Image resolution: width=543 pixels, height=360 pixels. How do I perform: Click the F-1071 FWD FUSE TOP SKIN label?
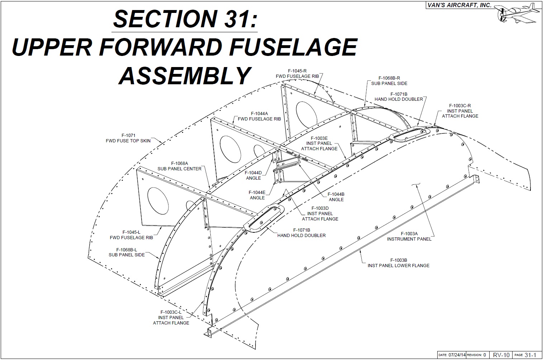(128, 138)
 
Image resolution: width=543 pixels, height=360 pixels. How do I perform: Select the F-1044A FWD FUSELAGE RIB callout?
(259, 116)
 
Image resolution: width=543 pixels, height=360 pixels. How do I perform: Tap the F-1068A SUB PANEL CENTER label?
(179, 166)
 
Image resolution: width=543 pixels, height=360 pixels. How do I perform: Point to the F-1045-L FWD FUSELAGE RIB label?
(131, 235)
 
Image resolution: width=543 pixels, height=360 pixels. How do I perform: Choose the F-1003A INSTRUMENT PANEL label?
(409, 236)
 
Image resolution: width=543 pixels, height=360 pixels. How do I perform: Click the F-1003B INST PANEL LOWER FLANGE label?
(398, 263)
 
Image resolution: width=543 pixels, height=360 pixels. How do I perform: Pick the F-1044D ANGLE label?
(253, 175)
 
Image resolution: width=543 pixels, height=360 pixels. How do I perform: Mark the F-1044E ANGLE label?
(257, 195)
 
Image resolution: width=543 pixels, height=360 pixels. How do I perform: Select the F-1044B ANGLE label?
(336, 197)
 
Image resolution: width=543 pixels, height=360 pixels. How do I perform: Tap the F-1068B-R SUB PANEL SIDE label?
(389, 81)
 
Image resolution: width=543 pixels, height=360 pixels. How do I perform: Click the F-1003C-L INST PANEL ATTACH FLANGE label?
(171, 317)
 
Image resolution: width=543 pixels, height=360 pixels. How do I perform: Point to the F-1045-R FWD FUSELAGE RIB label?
(297, 74)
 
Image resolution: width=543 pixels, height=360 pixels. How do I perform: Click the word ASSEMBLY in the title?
(184, 75)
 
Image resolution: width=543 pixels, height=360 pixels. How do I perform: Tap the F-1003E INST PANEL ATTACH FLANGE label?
(319, 143)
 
